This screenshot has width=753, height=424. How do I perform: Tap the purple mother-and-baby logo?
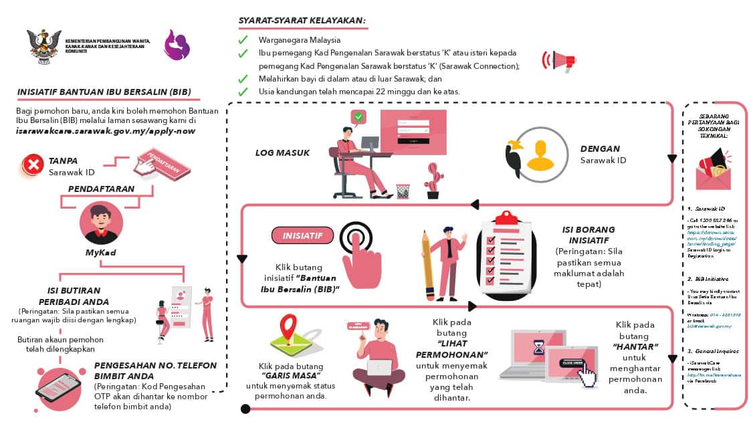coord(177,46)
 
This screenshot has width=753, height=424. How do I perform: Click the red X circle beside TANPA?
coord(32,165)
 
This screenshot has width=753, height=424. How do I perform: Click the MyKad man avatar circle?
coord(101,223)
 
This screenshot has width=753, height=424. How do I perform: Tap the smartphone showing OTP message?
coord(58,387)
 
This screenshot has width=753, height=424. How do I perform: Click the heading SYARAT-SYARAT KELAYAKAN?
coord(302,21)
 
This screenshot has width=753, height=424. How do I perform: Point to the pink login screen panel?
coord(413,131)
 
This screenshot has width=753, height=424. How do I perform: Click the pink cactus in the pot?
coord(434,181)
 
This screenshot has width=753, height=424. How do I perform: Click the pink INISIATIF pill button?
coord(302,235)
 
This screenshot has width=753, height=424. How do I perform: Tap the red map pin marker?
coord(289,328)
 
